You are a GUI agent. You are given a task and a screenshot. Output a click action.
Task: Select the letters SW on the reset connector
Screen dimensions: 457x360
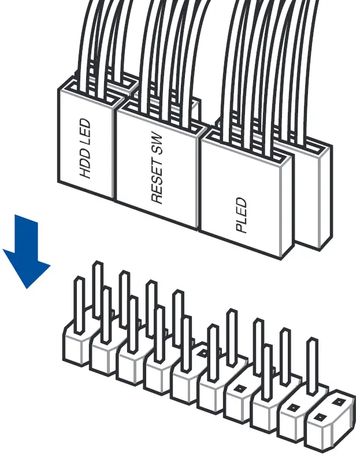coord(156,148)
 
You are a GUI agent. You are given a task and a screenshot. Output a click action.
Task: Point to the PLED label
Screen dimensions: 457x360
coord(241,215)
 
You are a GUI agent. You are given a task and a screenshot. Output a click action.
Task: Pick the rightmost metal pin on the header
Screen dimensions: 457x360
coord(312,364)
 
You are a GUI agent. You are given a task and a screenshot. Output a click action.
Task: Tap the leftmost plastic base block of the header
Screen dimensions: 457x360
coord(75,347)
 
